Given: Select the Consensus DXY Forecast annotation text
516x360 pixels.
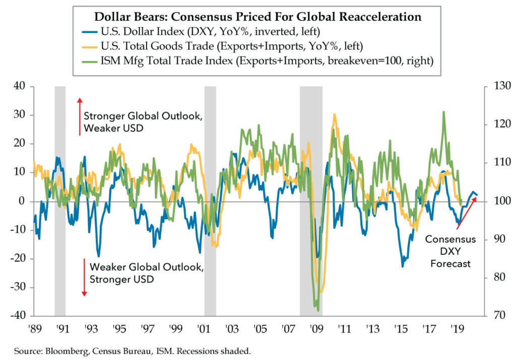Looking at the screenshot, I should tap(450, 251).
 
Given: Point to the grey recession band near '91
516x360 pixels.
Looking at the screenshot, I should tap(60, 201).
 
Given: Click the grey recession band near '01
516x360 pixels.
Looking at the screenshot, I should tap(210, 201).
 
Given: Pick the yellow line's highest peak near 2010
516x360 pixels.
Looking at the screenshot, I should tap(334, 114).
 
